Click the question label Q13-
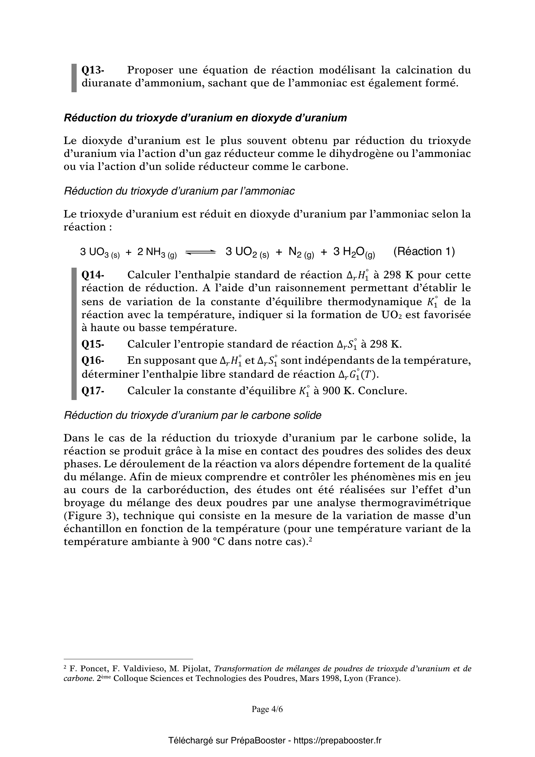(x=93, y=70)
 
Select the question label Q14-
(x=93, y=275)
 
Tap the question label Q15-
(x=93, y=344)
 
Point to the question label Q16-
(x=93, y=360)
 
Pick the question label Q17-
(x=93, y=391)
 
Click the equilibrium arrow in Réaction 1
(x=200, y=252)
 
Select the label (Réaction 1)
(x=424, y=251)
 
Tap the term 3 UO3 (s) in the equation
(x=100, y=252)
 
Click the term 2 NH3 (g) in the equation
(x=157, y=252)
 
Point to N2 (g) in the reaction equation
(x=301, y=252)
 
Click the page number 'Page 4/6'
(x=267, y=709)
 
